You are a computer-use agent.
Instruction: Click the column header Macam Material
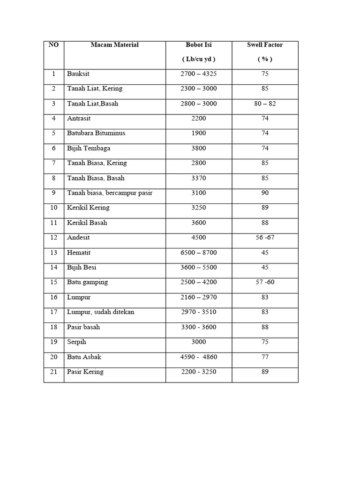[114, 45]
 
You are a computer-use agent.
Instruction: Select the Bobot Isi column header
[199, 45]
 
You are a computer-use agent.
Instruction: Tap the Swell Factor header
[265, 45]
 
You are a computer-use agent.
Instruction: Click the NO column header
[53, 45]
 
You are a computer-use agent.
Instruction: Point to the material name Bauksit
[78, 74]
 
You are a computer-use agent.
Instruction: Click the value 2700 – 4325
[199, 74]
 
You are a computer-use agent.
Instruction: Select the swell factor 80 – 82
[265, 104]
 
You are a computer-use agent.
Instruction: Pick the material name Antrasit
[79, 119]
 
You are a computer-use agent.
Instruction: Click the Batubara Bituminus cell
[96, 133]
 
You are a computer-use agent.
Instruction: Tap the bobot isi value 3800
[199, 148]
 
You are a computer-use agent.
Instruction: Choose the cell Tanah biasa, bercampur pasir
[110, 193]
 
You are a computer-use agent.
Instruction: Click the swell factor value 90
[265, 193]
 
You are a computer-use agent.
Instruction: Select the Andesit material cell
[78, 238]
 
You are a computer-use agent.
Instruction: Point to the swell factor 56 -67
[265, 238]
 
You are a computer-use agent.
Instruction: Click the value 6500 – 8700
[199, 253]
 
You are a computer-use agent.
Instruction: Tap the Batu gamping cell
[88, 282]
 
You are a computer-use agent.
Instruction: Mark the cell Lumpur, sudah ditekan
[101, 312]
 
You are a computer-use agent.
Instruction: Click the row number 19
[53, 342]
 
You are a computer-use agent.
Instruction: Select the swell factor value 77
[265, 357]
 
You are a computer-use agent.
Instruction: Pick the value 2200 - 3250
[199, 372]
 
